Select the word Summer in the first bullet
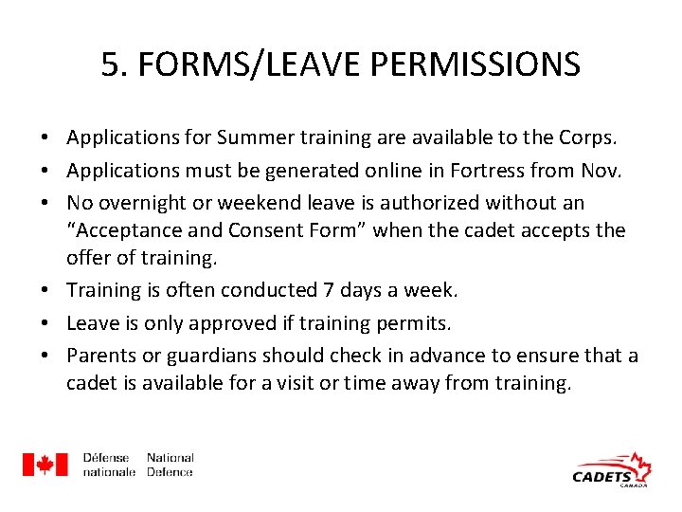[x=252, y=137]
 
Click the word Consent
[x=258, y=229]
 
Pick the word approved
[x=235, y=322]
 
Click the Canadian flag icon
[x=45, y=465]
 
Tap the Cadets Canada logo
[x=612, y=470]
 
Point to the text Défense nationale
[x=108, y=465]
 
